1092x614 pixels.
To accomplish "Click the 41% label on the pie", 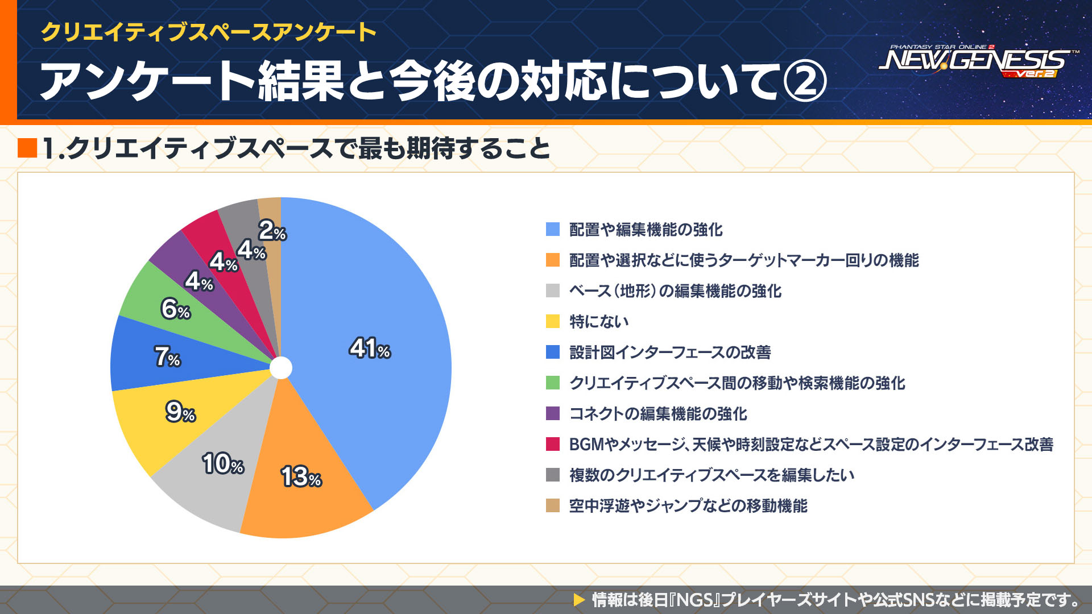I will pyautogui.click(x=370, y=348).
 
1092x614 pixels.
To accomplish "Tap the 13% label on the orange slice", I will pyautogui.click(x=301, y=476).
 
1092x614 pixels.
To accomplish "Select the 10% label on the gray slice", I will pyautogui.click(x=223, y=463).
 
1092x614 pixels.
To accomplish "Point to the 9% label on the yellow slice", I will pyautogui.click(x=180, y=412).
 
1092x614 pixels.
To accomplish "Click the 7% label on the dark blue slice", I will pyautogui.click(x=167, y=356).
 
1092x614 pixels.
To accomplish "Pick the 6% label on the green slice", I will pyautogui.click(x=175, y=309).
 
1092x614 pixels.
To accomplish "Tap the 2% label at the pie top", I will pyautogui.click(x=272, y=231).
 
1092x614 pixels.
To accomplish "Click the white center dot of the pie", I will pyautogui.click(x=280, y=368).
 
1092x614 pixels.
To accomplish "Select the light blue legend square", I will pyautogui.click(x=553, y=229).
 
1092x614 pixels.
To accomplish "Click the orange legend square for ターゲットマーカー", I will pyautogui.click(x=553, y=260).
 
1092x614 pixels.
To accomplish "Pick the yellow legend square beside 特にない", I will pyautogui.click(x=553, y=321).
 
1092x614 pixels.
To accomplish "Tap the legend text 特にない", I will pyautogui.click(x=599, y=322).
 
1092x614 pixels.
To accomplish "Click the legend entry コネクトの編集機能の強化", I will pyautogui.click(x=658, y=414).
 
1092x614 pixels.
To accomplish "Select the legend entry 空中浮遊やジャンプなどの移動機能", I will pyautogui.click(x=688, y=506).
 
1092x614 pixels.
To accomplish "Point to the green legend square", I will pyautogui.click(x=553, y=383).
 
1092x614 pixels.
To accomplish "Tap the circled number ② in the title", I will pyautogui.click(x=804, y=81).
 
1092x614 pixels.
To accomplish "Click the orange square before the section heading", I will pyautogui.click(x=27, y=148).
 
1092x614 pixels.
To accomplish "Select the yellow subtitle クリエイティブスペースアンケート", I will pyautogui.click(x=208, y=32).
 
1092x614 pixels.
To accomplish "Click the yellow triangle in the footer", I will pyautogui.click(x=579, y=599).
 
